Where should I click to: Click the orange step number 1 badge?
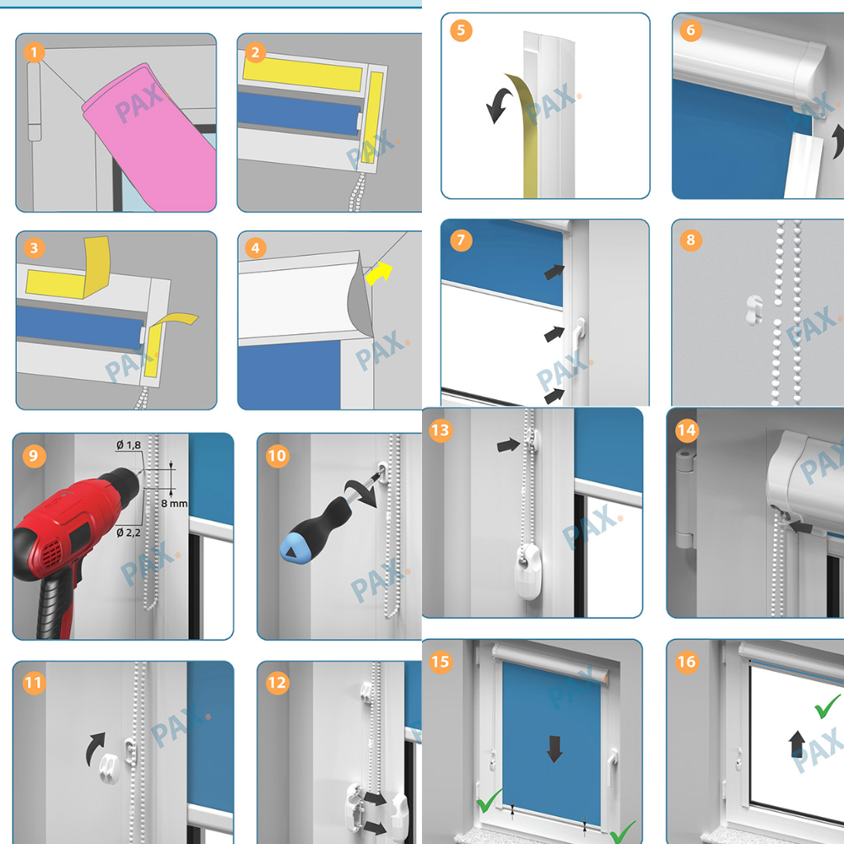tap(35, 52)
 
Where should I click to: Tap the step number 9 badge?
tap(34, 456)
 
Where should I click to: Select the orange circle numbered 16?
tap(686, 662)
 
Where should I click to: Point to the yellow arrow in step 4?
tap(379, 273)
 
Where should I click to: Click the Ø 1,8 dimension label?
tap(128, 445)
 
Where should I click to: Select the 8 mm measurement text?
tap(175, 503)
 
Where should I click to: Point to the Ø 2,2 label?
tap(128, 533)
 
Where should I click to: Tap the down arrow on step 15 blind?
tap(555, 749)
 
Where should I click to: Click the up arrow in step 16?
tap(798, 744)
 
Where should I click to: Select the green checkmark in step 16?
tap(827, 706)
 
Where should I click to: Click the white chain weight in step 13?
tap(527, 571)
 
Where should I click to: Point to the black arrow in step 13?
tap(508, 445)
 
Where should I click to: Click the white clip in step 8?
tap(755, 310)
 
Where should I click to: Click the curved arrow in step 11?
tap(95, 748)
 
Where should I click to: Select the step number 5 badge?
tap(462, 30)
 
